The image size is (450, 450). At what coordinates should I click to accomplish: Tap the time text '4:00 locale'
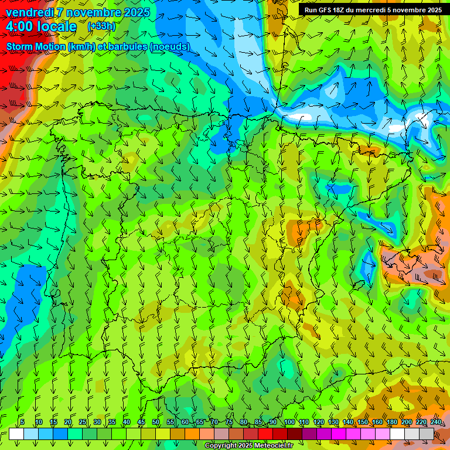tap(41, 26)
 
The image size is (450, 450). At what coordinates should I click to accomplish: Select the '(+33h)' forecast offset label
tap(101, 26)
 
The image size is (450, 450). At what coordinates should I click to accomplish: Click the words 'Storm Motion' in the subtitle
tap(35, 46)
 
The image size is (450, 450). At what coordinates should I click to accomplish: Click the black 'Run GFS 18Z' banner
tap(373, 10)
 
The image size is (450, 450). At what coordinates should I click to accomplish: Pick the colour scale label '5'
tap(22, 422)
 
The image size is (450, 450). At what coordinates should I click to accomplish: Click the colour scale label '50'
tap(156, 422)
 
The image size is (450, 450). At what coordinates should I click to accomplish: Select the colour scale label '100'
tap(289, 422)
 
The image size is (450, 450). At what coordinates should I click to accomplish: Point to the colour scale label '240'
tap(436, 422)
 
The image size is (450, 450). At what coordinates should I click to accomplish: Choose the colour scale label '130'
tap(333, 422)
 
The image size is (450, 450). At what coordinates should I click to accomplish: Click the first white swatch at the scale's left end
tap(16, 434)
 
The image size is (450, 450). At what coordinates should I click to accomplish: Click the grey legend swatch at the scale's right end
tap(427, 434)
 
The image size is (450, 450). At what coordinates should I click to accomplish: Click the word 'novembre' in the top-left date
tap(88, 12)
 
